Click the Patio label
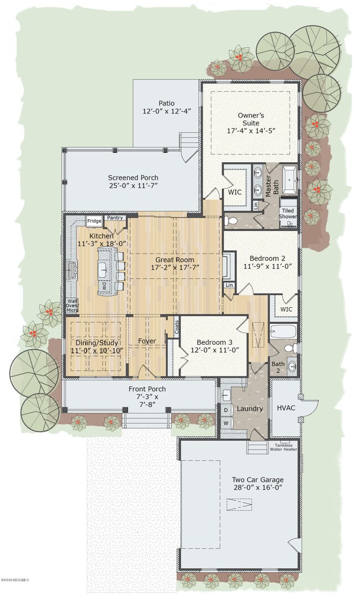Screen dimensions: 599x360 click(x=166, y=103)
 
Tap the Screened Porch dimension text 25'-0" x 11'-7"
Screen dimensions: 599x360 click(x=133, y=187)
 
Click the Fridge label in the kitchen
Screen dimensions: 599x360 click(x=94, y=221)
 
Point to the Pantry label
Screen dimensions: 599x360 click(x=115, y=218)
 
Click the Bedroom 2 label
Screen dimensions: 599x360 click(x=268, y=259)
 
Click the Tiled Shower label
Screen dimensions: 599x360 click(x=287, y=214)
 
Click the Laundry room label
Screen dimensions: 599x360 click(x=250, y=409)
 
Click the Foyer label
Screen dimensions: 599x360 click(x=147, y=341)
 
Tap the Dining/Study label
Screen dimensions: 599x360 click(x=93, y=342)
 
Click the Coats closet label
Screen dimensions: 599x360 click(x=177, y=328)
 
